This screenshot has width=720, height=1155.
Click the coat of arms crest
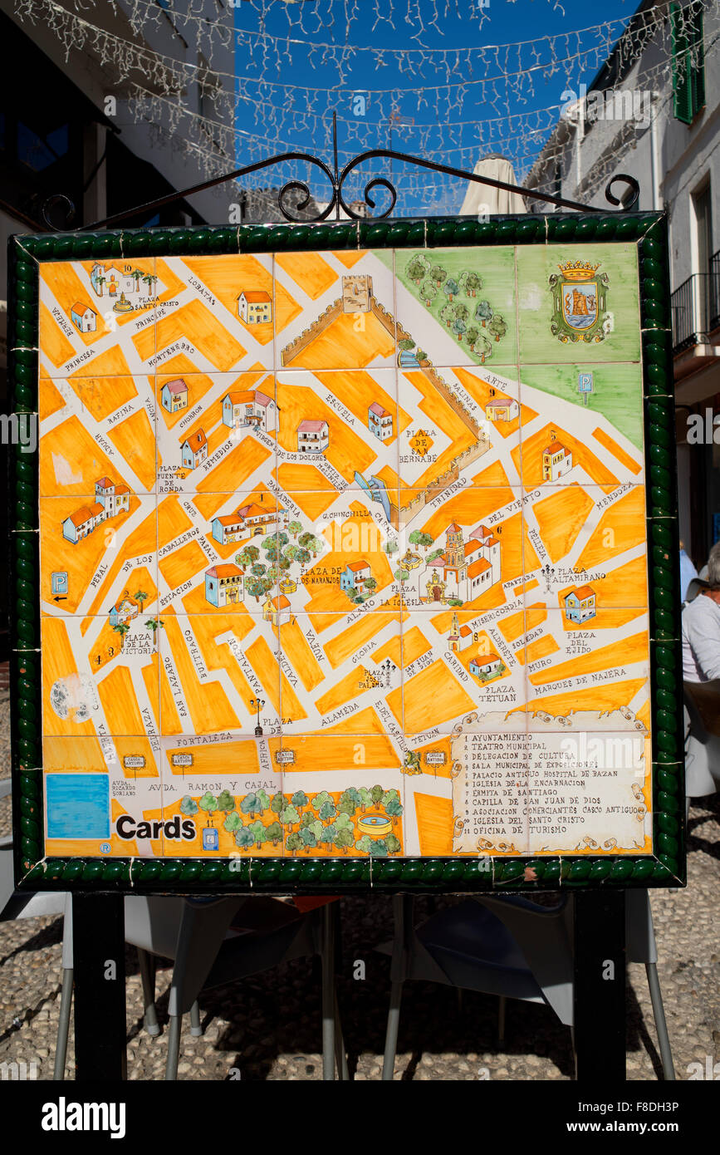click(x=578, y=302)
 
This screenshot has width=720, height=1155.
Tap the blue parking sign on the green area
click(x=585, y=383)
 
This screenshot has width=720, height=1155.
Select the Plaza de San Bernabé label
click(x=421, y=445)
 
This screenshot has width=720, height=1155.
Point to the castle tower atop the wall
click(x=357, y=293)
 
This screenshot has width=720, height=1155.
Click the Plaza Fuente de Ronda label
click(x=172, y=480)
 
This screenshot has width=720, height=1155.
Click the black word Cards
click(x=155, y=828)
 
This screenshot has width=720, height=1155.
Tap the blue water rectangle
click(x=77, y=806)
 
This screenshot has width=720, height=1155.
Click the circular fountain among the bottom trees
click(x=375, y=824)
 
